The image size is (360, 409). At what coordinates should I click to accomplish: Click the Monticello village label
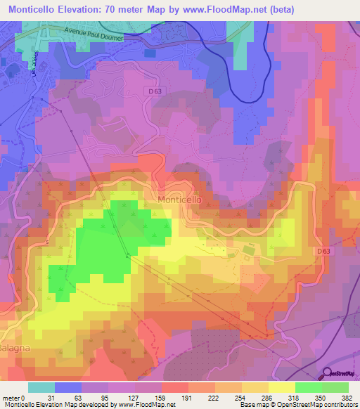point(180,200)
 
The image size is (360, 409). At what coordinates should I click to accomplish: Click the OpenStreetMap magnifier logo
point(328,375)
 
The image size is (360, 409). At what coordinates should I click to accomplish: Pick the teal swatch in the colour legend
point(41,387)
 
